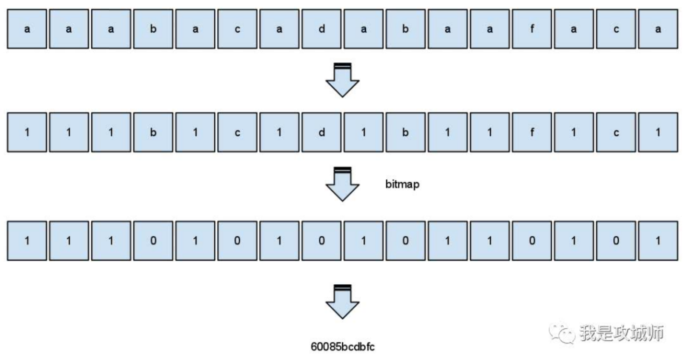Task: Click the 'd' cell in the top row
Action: click(x=321, y=29)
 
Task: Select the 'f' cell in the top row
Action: click(x=532, y=29)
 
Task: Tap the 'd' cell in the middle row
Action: click(x=321, y=132)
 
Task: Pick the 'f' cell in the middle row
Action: click(x=532, y=132)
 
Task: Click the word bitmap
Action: click(x=402, y=184)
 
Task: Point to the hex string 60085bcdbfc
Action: click(x=342, y=347)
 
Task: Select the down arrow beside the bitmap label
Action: click(x=342, y=184)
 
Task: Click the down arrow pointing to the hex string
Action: click(x=342, y=302)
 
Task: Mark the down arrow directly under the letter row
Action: click(x=342, y=80)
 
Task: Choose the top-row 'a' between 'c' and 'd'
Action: click(x=279, y=29)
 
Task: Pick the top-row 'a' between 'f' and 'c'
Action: click(x=574, y=29)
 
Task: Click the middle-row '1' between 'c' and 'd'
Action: click(x=279, y=132)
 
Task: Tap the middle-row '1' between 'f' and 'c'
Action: click(x=574, y=132)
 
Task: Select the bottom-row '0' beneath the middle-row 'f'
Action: click(x=532, y=241)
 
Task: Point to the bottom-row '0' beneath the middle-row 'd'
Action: click(x=321, y=241)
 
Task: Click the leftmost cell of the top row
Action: click(x=27, y=29)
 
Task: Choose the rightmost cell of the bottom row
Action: click(x=658, y=241)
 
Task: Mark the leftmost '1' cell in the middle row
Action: click(x=27, y=132)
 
